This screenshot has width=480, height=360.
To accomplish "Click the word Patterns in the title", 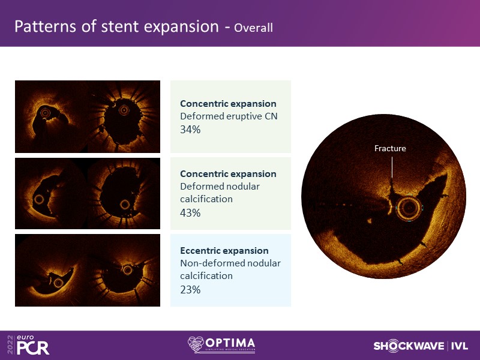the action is click(46, 26).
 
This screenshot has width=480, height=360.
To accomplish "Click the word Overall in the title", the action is click(253, 28).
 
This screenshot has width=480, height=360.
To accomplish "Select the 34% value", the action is click(190, 130).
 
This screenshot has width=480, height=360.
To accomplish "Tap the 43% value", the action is click(190, 212).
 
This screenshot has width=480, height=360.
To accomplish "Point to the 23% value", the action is click(190, 289).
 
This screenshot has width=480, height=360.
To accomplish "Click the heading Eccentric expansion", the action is click(224, 251).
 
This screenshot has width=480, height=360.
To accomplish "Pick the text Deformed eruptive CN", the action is click(229, 116).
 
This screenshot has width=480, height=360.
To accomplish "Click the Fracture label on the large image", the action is click(390, 148).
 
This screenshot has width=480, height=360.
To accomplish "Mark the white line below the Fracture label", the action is click(392, 167).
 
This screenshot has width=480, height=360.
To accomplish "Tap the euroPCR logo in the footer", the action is click(29, 344).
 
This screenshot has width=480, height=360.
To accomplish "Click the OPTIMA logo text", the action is click(230, 343).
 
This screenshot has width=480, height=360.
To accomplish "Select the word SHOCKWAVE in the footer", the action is click(409, 346).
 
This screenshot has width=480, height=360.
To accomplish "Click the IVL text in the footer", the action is click(460, 346).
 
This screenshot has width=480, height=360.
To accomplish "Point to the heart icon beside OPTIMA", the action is click(196, 344).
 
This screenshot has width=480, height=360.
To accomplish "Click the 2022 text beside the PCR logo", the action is click(11, 344).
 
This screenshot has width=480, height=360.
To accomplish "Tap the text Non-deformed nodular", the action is click(230, 263).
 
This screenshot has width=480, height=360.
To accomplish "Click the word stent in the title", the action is click(120, 26).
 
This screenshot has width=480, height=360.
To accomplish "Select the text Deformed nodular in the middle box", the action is click(220, 187).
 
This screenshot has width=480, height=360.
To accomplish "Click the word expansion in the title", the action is click(181, 27).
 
